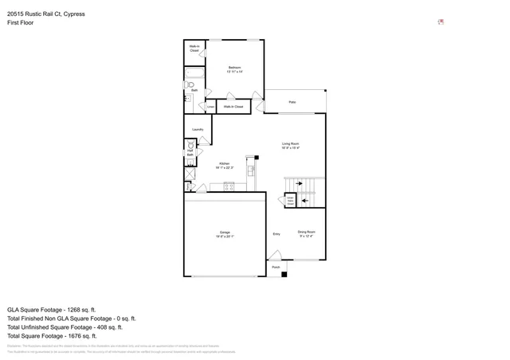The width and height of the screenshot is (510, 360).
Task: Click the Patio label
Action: (x=292, y=102)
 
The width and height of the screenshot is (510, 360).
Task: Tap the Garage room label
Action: (x=225, y=234)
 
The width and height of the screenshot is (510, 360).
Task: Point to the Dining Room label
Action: (x=307, y=233)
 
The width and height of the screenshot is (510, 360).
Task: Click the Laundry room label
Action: (x=198, y=129)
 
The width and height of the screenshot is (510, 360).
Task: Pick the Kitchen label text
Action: (x=225, y=165)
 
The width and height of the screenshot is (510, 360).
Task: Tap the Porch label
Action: (x=276, y=268)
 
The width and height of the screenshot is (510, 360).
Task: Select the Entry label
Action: (x=277, y=234)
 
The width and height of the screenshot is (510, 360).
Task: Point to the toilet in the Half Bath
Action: (x=190, y=144)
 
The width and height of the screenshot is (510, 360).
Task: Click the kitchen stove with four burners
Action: (x=229, y=186)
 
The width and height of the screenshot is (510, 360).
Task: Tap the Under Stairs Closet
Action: (x=290, y=200)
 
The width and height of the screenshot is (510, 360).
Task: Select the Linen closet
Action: (x=211, y=106)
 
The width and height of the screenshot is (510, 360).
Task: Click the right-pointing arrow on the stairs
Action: (x=300, y=184)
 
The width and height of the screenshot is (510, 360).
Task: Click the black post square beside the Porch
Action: (x=284, y=274)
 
